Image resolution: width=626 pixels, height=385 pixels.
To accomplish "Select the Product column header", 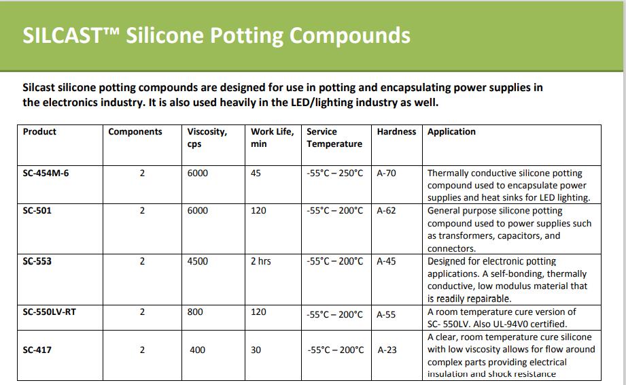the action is (x=39, y=132).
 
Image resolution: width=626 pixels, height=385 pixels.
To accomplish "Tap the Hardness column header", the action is (x=396, y=132).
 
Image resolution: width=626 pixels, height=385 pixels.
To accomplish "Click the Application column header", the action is (x=451, y=132).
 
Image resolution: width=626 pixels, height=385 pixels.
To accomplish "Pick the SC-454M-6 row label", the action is (x=46, y=173).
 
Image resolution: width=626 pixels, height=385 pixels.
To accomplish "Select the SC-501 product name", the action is (x=37, y=210).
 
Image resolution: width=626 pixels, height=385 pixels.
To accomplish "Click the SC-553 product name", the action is (x=37, y=261).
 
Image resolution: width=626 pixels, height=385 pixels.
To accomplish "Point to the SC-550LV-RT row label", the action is (x=49, y=312).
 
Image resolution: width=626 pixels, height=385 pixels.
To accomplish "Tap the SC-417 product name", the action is (x=37, y=350).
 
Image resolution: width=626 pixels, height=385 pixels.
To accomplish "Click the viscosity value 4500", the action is (x=198, y=261).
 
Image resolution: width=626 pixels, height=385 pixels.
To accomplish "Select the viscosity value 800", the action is (x=195, y=312).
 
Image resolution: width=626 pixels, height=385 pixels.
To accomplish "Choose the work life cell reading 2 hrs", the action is (x=261, y=261).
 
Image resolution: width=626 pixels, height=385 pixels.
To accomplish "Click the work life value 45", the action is (x=256, y=173).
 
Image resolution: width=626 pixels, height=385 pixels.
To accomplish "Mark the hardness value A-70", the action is (x=387, y=173).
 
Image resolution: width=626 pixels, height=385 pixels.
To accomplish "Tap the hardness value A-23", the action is (x=387, y=350).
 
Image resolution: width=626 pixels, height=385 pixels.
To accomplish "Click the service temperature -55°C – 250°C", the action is (x=335, y=173).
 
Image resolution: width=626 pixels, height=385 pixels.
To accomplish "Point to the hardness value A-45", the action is (x=387, y=261).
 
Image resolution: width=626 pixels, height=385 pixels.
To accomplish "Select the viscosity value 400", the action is (x=197, y=350).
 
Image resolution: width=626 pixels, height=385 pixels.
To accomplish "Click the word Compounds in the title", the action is (x=350, y=36).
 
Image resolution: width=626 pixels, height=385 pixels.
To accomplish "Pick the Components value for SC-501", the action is (x=142, y=210).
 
